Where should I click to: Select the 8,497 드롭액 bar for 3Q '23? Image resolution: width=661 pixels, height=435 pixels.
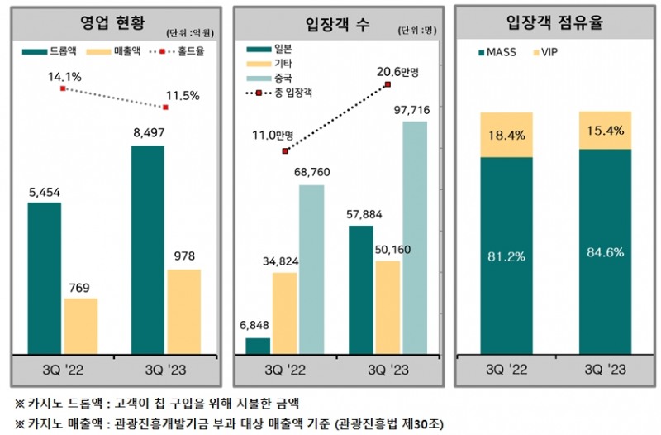(x=146, y=248)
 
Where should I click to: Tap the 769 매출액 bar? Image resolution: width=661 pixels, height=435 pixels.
(x=80, y=324)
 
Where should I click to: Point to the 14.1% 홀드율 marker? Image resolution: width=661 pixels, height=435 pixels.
(x=63, y=88)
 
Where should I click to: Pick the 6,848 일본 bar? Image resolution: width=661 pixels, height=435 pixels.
(x=259, y=345)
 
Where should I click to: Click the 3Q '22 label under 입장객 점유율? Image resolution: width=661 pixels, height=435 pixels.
(x=505, y=366)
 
